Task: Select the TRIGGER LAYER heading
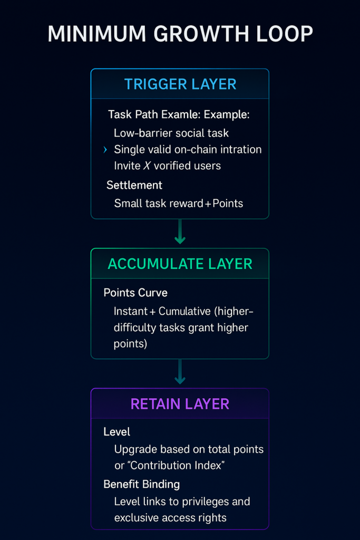[180, 84]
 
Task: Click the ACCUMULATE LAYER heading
[180, 264]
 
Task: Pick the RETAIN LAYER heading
[180, 404]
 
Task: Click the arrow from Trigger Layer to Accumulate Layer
[180, 233]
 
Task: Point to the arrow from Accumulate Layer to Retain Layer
[180, 373]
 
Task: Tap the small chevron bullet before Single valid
[105, 150]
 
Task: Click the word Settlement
[134, 185]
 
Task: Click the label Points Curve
[135, 293]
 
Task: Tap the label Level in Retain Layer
[117, 431]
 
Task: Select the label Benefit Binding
[141, 484]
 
